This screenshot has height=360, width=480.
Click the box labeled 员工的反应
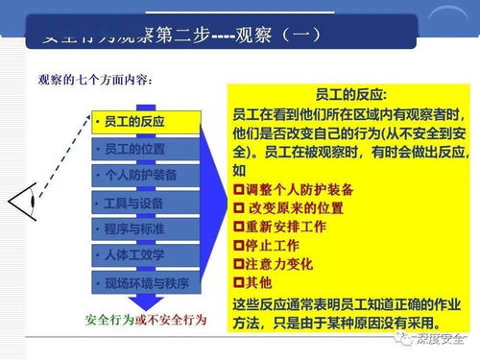pyautogui.click(x=146, y=122)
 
